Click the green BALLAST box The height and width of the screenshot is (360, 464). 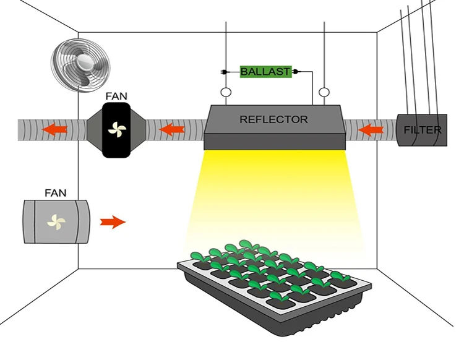(265, 72)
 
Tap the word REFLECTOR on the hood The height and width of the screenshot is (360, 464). (273, 119)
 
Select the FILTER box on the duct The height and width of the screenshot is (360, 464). (423, 130)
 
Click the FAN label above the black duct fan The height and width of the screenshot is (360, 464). (116, 96)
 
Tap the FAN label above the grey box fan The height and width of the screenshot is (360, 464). (56, 193)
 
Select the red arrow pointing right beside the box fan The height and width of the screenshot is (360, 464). (113, 221)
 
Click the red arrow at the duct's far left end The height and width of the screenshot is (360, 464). (54, 130)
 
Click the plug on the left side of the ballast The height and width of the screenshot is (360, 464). (223, 72)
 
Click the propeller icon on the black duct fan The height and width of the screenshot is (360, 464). (116, 129)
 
